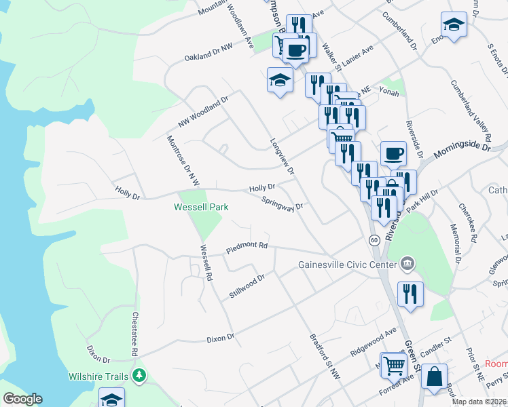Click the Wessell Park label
coord(201,207)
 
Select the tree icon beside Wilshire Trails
coord(139,375)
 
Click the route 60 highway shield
coord(374,240)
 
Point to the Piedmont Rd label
coord(248,248)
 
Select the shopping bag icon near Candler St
coord(434,376)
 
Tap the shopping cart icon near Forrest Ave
coord(393,365)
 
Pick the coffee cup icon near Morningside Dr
coord(393,153)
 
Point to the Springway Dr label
coord(282,203)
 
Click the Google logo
coord(22,399)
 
